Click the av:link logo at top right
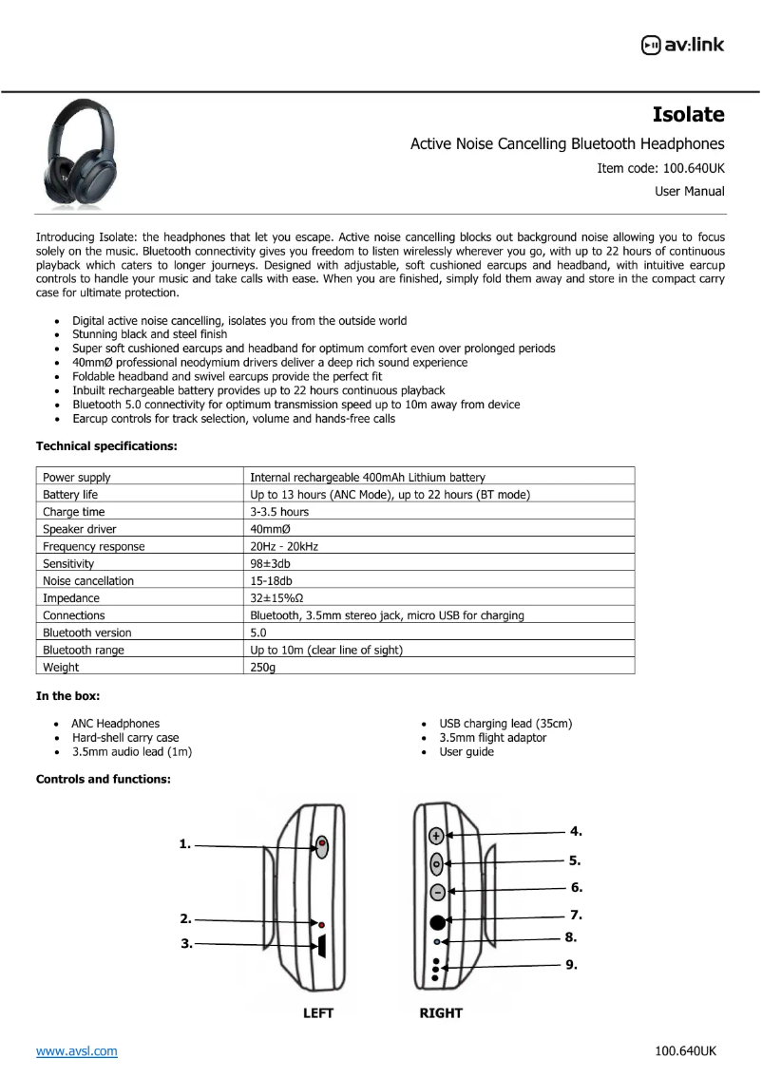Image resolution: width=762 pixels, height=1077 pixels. pyautogui.click(x=682, y=44)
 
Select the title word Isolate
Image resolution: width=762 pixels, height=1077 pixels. pyautogui.click(x=688, y=115)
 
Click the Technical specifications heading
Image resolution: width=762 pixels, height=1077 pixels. pyautogui.click(x=105, y=445)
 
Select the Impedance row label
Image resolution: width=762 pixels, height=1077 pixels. pyautogui.click(x=71, y=598)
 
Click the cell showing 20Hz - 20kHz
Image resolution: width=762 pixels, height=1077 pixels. pyautogui.click(x=284, y=546)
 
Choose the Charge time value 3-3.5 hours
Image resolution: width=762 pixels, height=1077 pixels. pyautogui.click(x=279, y=512)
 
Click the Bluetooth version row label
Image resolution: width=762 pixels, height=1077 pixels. pyautogui.click(x=87, y=633)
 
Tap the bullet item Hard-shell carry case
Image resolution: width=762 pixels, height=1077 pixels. pyautogui.click(x=125, y=738)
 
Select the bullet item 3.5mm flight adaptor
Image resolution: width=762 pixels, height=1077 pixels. pyautogui.click(x=492, y=738)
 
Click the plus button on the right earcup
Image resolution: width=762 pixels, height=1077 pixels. pyautogui.click(x=437, y=836)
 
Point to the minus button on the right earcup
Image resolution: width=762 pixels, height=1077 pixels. pyautogui.click(x=437, y=892)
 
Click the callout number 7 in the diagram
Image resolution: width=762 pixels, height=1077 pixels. pyautogui.click(x=576, y=916)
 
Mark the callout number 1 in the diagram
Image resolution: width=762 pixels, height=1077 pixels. pyautogui.click(x=185, y=843)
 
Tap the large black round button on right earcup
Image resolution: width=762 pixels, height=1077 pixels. pyautogui.click(x=437, y=921)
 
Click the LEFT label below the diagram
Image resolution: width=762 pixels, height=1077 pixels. pyautogui.click(x=318, y=1013)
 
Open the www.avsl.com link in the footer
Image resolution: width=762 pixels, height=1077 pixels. pyautogui.click(x=77, y=1050)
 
